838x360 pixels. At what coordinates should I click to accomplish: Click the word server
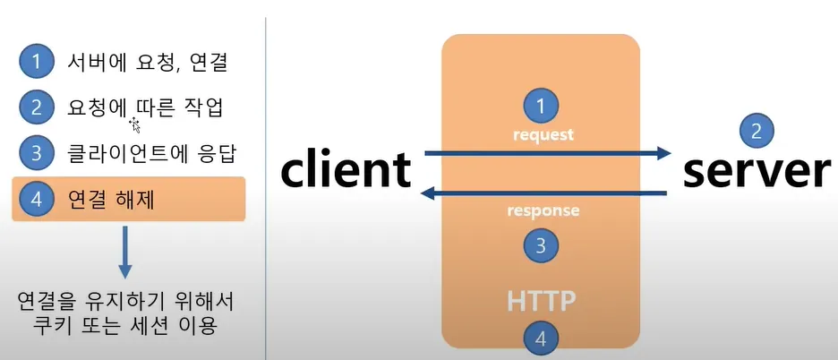pyautogui.click(x=757, y=170)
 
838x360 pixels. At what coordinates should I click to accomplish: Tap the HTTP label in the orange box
pyautogui.click(x=540, y=301)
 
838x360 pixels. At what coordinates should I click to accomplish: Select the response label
pyautogui.click(x=543, y=211)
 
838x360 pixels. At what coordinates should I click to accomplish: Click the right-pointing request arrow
pyautogui.click(x=546, y=154)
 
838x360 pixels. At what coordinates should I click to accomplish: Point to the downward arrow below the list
pyautogui.click(x=125, y=252)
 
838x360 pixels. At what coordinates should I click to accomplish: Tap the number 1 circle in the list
pyautogui.click(x=36, y=63)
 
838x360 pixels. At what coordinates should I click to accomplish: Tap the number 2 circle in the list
pyautogui.click(x=36, y=107)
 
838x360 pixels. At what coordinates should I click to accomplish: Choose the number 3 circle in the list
pyautogui.click(x=36, y=152)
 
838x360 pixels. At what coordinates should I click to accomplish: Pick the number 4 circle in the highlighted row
pyautogui.click(x=36, y=199)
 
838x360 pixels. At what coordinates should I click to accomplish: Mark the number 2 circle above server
pyautogui.click(x=757, y=133)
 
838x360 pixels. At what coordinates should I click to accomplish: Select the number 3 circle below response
pyautogui.click(x=540, y=244)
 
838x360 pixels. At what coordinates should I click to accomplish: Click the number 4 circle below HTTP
pyautogui.click(x=540, y=339)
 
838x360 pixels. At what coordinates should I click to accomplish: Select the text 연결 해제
pyautogui.click(x=111, y=199)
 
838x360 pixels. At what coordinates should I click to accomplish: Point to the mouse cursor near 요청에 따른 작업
pyautogui.click(x=135, y=124)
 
